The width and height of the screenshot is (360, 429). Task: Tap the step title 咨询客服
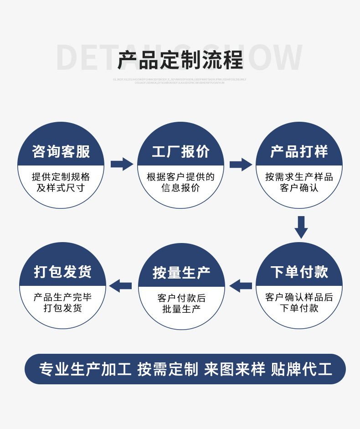61,151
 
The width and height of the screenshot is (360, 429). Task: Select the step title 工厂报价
181,151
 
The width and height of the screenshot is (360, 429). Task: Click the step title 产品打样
299,151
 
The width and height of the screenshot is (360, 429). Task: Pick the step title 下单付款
299,272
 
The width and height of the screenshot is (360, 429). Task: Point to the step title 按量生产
181,273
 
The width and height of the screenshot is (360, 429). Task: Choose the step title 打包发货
63,272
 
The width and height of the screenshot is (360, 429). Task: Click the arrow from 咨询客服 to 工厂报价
121,164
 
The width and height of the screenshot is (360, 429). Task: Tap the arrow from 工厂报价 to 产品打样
240,164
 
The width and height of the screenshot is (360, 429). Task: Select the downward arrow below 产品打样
300,227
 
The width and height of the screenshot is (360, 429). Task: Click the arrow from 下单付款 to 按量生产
241,286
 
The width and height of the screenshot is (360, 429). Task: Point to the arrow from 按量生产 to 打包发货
121,286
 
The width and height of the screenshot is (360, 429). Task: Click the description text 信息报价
180,188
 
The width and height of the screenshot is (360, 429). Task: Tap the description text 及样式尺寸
61,188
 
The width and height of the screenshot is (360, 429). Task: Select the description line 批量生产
181,309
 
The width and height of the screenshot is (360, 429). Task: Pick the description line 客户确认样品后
299,297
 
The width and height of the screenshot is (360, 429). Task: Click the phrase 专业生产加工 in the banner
85,369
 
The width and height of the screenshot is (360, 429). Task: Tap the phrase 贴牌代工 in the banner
302,369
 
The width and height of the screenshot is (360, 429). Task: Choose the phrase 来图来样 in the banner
234,369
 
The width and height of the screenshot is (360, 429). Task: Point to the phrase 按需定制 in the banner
168,369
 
